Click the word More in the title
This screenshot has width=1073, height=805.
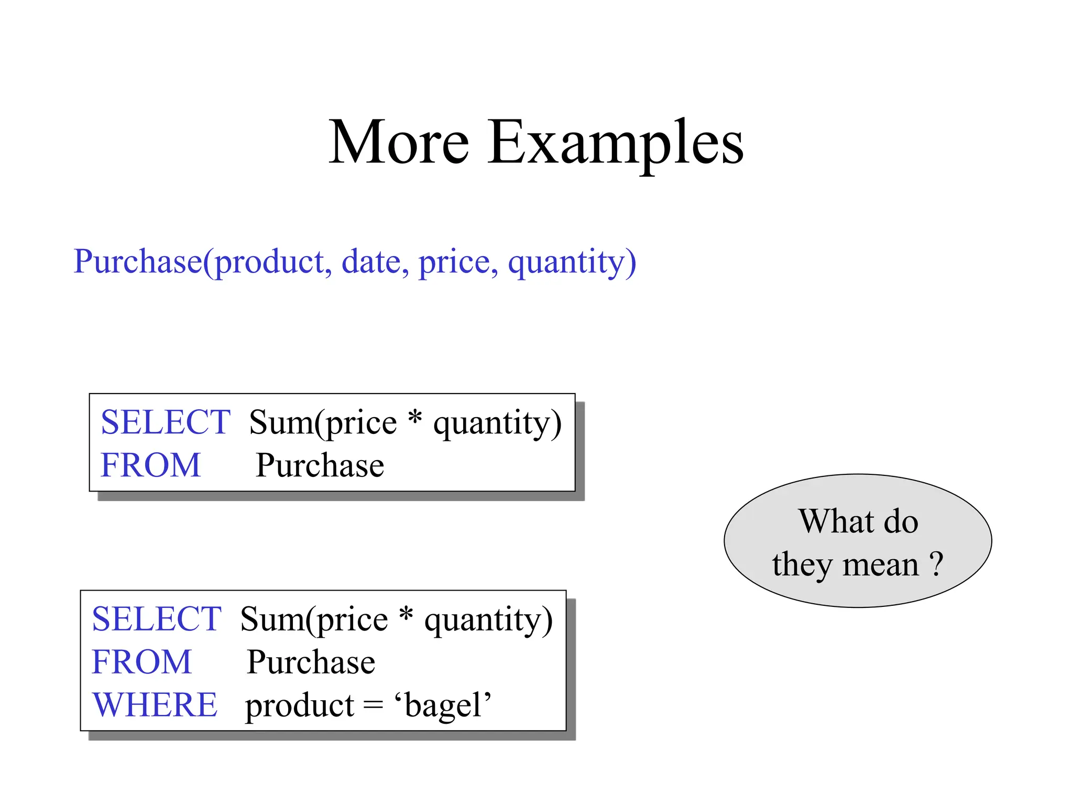coord(399,143)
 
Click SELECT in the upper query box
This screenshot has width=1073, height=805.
coord(165,422)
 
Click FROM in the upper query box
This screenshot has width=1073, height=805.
coord(150,465)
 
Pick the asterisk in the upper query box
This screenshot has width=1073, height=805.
coord(415,418)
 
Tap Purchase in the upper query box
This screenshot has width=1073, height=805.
coord(320,465)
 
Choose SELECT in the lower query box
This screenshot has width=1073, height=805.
coord(156,619)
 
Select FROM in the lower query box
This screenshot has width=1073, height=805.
coord(141,662)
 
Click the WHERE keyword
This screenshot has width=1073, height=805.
coord(155,705)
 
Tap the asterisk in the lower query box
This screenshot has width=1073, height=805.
coord(406,614)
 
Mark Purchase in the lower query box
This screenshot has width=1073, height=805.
coord(311,662)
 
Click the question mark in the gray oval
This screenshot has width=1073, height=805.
coord(936,564)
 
